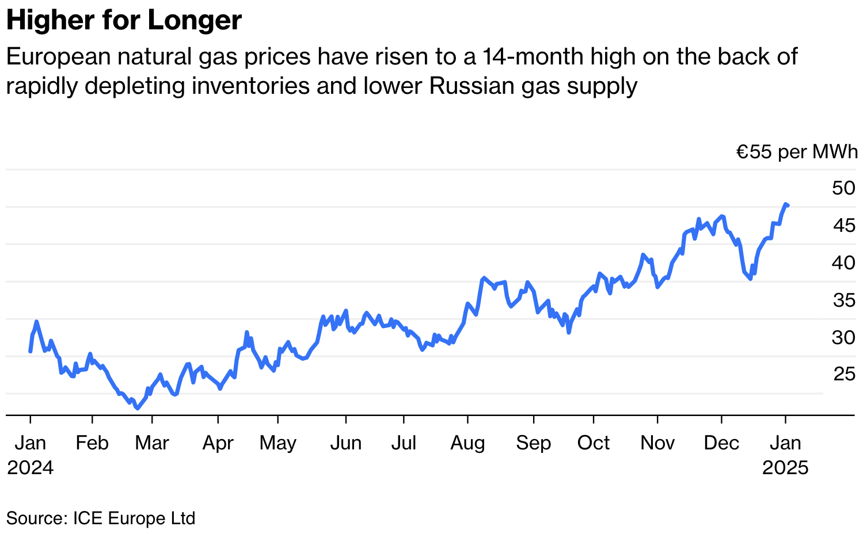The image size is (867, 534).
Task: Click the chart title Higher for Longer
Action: (x=124, y=21)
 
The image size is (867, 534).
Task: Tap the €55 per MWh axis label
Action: (x=797, y=152)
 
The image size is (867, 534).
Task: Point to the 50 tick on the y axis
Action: (x=843, y=188)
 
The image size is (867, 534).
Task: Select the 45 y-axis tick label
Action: (x=843, y=225)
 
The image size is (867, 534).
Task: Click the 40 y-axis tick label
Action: (x=843, y=262)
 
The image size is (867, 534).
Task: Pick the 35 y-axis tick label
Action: (x=843, y=300)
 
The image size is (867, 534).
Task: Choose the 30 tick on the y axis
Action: (x=843, y=337)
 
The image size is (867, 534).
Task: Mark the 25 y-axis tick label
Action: (x=843, y=375)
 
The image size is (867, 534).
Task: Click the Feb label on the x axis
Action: (x=92, y=443)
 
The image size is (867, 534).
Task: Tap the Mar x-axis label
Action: (x=152, y=443)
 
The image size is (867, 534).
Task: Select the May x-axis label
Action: (x=278, y=443)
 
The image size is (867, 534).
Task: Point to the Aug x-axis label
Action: (x=468, y=443)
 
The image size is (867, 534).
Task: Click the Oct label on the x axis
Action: (x=594, y=443)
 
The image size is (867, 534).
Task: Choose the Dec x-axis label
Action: (x=721, y=443)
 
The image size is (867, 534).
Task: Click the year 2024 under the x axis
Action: (x=30, y=467)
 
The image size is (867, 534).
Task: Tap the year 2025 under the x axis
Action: (x=785, y=467)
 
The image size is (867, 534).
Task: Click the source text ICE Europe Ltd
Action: (x=134, y=518)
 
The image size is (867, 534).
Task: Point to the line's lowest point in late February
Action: (x=137, y=408)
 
